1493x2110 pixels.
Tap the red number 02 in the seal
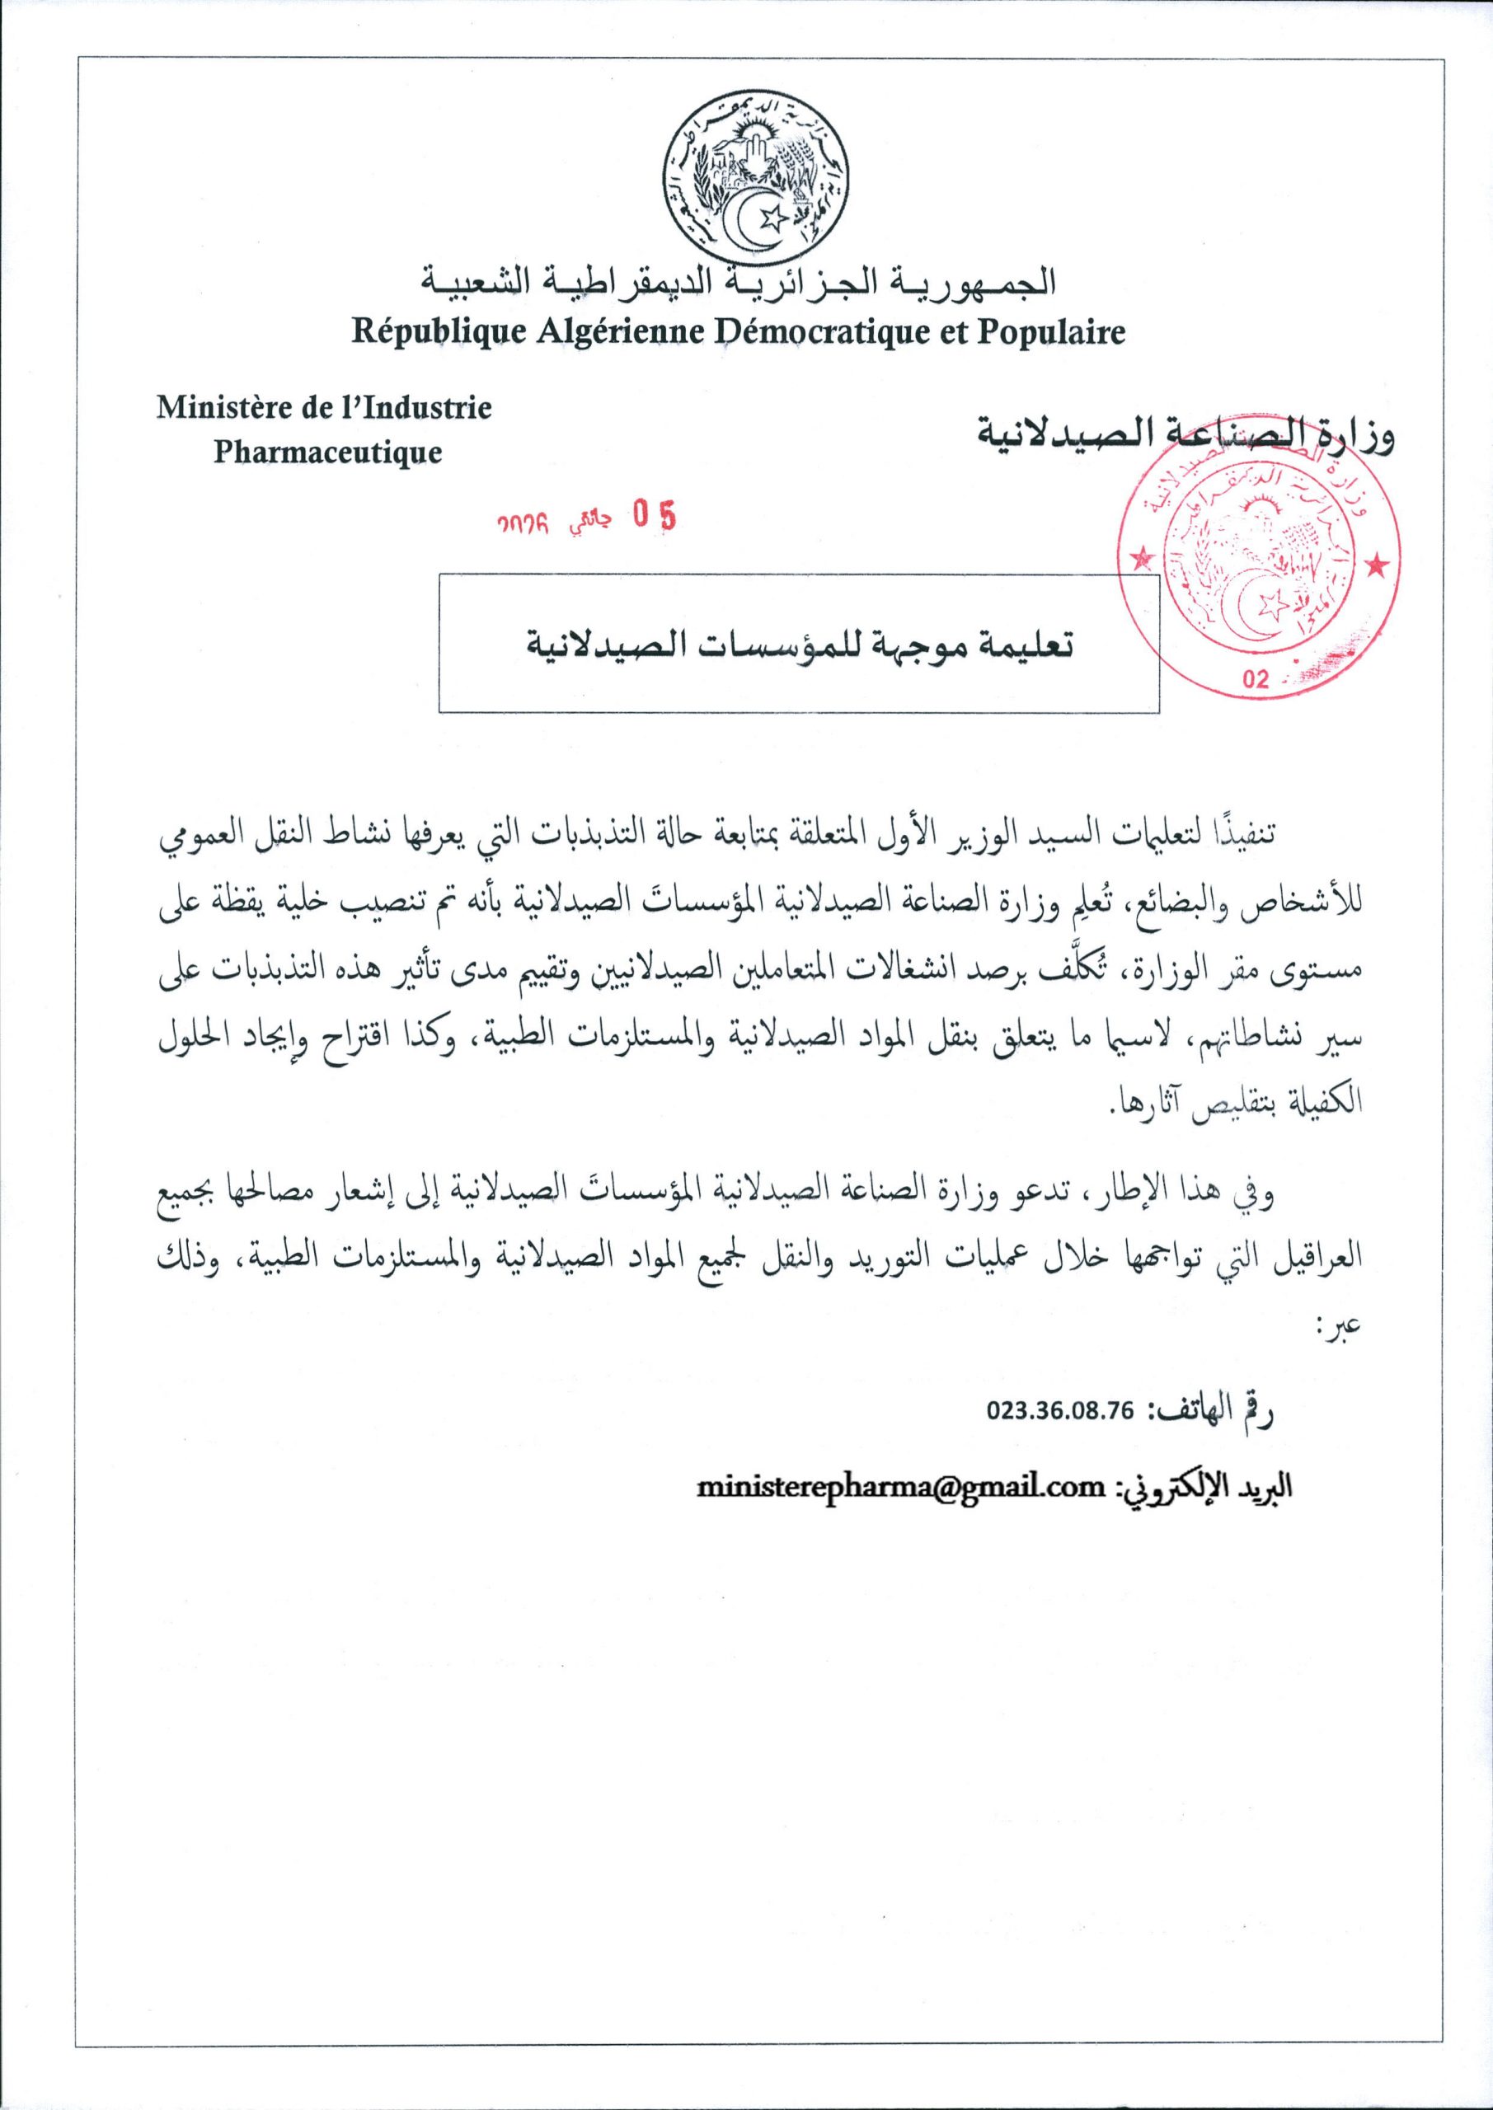(1254, 681)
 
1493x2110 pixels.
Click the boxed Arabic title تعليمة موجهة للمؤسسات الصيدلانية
(798, 642)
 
